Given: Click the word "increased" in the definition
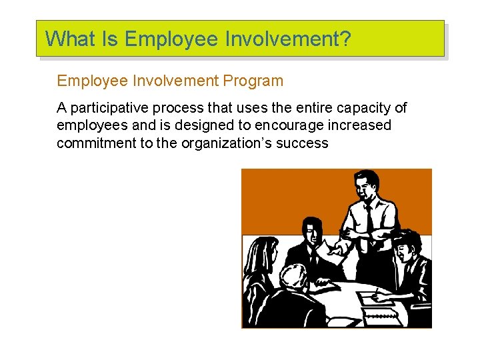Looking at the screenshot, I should [358, 125].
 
